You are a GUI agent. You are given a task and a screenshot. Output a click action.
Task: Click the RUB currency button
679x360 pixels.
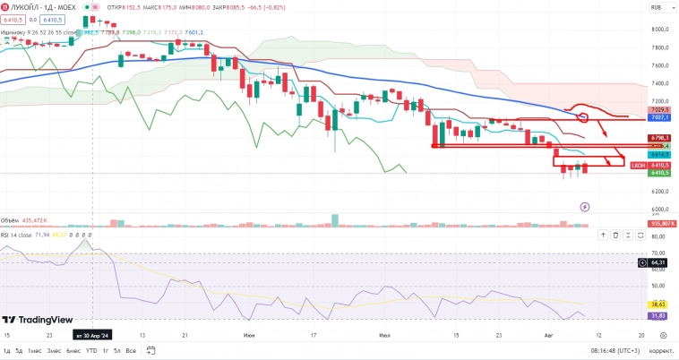(657, 7)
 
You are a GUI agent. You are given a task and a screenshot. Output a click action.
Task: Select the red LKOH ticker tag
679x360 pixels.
(638, 166)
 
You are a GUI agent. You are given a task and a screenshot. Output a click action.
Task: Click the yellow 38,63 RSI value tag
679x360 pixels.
(660, 305)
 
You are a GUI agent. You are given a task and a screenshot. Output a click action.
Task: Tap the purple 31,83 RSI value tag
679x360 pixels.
(660, 315)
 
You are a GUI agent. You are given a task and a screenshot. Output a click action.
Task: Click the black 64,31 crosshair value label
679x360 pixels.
(660, 262)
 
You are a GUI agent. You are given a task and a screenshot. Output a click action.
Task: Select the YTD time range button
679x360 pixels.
(90, 350)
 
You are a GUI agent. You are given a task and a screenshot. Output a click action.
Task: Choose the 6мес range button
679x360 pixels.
(73, 350)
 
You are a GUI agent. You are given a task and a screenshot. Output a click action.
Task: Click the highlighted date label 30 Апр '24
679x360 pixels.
(92, 335)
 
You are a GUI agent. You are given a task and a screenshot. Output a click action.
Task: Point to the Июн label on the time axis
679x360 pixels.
(248, 335)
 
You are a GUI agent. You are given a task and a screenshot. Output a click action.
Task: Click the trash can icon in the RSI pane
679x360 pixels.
(615, 236)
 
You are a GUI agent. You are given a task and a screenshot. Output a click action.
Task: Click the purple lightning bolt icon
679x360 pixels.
(585, 205)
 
